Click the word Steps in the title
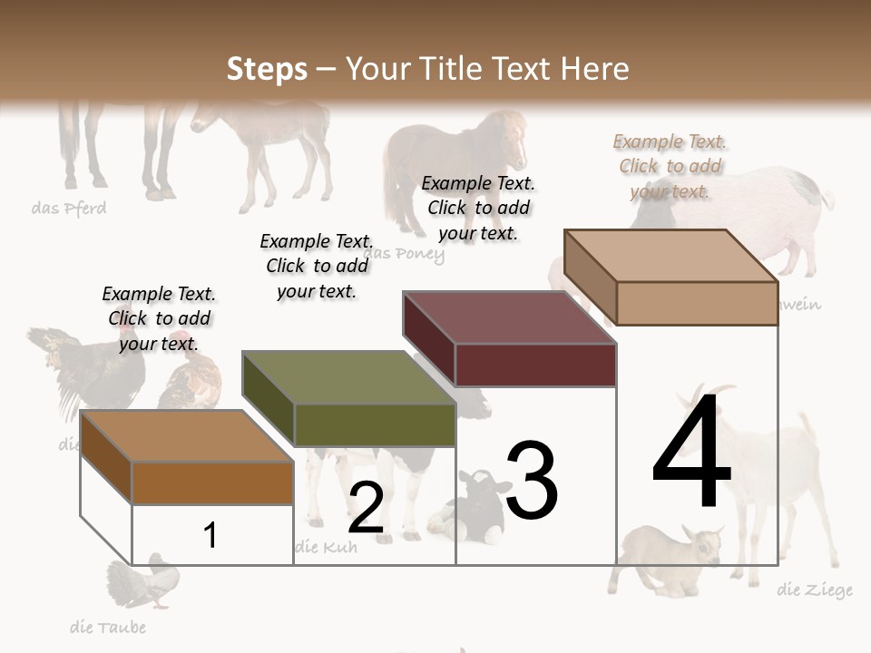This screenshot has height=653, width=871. coord(267,69)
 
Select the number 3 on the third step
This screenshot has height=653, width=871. coord(531,481)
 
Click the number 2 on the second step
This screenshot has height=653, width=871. coord(366,509)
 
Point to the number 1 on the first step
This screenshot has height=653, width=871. coord(210,535)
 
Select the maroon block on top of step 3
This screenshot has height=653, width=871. coord(511,339)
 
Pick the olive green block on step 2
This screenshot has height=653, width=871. coord(349,399)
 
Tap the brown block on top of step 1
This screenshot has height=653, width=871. coord(188,457)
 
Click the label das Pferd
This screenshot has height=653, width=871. coord(69,209)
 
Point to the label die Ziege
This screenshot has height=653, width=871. coord(815,590)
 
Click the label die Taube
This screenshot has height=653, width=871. coord(108,627)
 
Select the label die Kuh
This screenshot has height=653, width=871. coord(327,547)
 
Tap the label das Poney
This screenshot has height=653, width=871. coord(406,254)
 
